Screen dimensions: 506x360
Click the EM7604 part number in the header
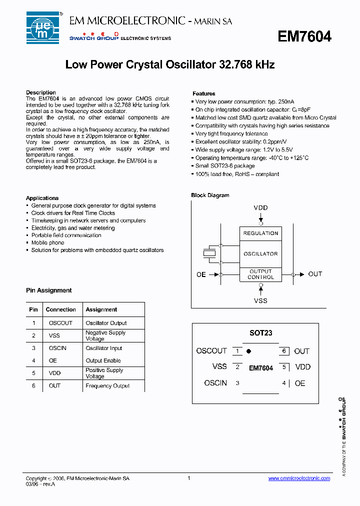[304, 36]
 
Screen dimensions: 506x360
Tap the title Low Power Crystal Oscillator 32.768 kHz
[170, 65]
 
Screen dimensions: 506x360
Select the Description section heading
[41, 92]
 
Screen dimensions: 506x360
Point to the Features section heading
[204, 93]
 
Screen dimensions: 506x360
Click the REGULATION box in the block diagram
[260, 233]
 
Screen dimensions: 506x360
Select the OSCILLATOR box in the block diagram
[260, 254]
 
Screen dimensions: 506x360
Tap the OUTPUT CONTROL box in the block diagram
[260, 274]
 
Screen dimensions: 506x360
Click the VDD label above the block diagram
[260, 207]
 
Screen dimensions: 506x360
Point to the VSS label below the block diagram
[260, 300]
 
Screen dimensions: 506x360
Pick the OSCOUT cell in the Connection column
[60, 323]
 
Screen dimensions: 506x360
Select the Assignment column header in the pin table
[101, 309]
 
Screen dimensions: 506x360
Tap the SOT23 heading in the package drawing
[260, 333]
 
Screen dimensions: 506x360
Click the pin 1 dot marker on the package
[248, 351]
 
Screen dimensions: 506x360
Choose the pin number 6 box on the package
[284, 351]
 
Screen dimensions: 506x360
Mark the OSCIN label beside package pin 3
[215, 383]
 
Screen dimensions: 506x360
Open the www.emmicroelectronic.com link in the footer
[299, 478]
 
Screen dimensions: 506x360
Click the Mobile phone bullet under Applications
[47, 242]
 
